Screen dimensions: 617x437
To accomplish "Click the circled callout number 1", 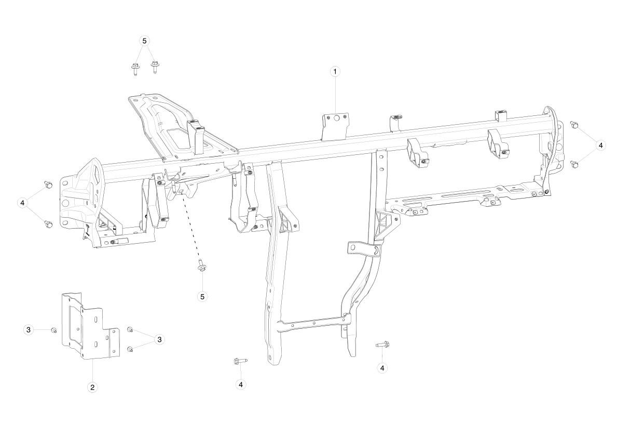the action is pyautogui.click(x=335, y=72).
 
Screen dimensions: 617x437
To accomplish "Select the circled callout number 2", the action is pyautogui.click(x=92, y=387).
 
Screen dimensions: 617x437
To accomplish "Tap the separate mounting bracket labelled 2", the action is pyautogui.click(x=90, y=327).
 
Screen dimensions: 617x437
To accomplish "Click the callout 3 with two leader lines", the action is pyautogui.click(x=159, y=339).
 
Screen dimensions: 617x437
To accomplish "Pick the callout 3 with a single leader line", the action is pyautogui.click(x=29, y=330).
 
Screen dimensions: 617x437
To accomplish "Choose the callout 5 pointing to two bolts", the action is pyautogui.click(x=144, y=41).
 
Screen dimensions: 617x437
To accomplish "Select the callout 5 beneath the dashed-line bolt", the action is pyautogui.click(x=203, y=297).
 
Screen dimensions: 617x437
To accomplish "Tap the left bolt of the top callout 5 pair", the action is pyautogui.click(x=134, y=69).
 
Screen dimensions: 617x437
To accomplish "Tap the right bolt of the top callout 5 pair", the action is pyautogui.click(x=154, y=68).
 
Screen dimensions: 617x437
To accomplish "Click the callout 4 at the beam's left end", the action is pyautogui.click(x=22, y=203).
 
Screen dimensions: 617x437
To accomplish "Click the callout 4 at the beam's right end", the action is pyautogui.click(x=600, y=146).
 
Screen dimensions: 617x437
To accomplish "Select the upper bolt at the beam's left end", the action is pyautogui.click(x=48, y=184).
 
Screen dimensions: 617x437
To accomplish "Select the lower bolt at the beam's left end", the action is pyautogui.click(x=48, y=224).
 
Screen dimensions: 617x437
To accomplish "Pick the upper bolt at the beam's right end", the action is pyautogui.click(x=574, y=125).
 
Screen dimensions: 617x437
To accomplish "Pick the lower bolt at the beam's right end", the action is pyautogui.click(x=574, y=164).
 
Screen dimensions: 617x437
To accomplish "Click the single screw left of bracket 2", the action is pyautogui.click(x=54, y=330).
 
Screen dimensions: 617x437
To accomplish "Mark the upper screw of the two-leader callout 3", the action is pyautogui.click(x=130, y=329).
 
